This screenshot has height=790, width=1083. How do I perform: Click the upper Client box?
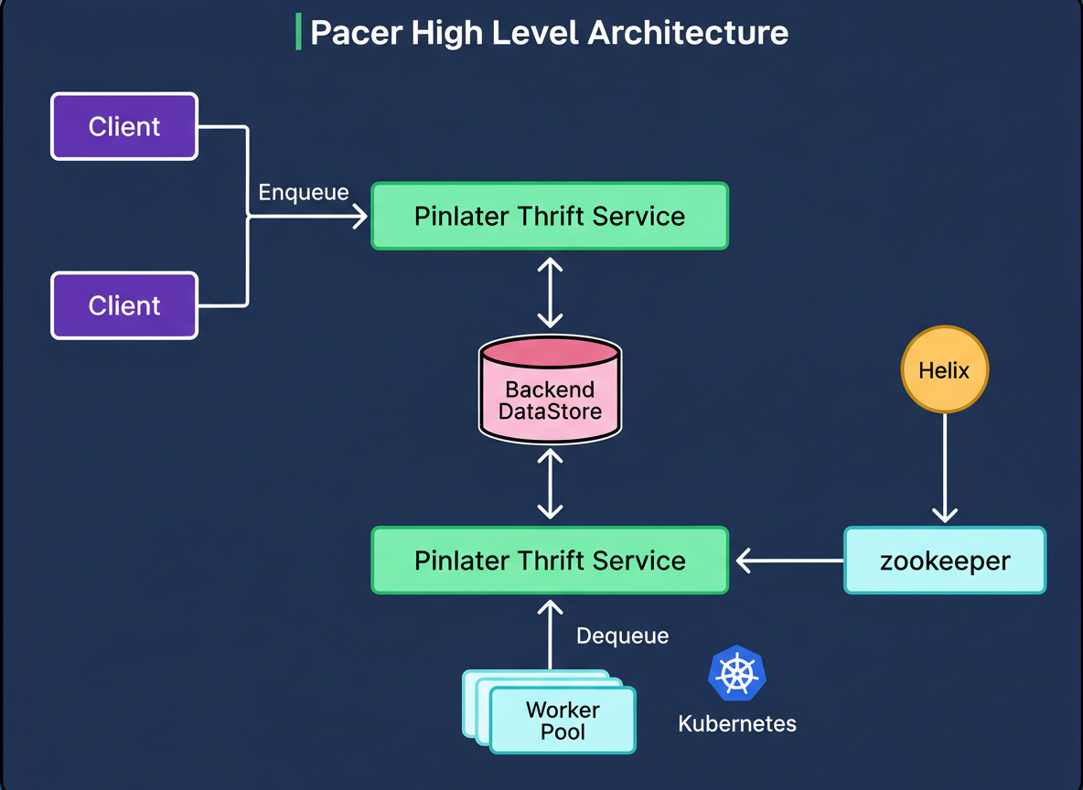(x=124, y=126)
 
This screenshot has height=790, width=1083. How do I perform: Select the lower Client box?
(x=124, y=305)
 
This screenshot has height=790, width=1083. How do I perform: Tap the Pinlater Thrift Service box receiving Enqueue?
(x=550, y=216)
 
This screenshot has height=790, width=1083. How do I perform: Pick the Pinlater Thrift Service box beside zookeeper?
(x=550, y=560)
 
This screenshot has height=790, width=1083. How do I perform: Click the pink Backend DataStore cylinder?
(x=550, y=391)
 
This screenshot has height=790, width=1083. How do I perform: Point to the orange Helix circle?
(x=944, y=370)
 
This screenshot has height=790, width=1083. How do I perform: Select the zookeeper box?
(x=944, y=560)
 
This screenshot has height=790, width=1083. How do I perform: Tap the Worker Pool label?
(x=563, y=721)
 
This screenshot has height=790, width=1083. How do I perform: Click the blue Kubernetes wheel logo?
(x=736, y=674)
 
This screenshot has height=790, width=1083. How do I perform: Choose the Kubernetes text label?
(x=737, y=724)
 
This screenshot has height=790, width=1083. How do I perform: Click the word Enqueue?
(x=304, y=193)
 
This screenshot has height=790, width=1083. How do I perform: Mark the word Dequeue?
(x=622, y=635)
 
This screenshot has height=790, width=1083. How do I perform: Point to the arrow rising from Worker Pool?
(x=550, y=635)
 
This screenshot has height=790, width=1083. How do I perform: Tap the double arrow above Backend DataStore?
(x=550, y=293)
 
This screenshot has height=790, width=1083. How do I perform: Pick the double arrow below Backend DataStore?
(x=550, y=485)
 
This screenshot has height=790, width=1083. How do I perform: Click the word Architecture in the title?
(x=687, y=33)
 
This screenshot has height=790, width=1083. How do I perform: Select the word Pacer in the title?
(x=357, y=33)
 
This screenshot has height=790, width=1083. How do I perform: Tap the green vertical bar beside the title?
(x=298, y=33)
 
